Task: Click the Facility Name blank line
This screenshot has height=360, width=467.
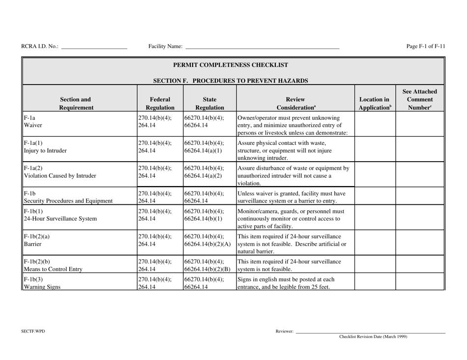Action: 262,48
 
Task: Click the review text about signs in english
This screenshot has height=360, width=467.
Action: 294,283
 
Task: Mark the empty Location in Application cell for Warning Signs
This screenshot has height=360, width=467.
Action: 375,283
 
